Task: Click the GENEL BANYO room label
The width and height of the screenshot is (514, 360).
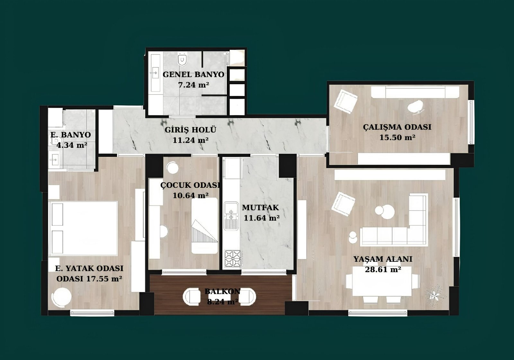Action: point(193,75)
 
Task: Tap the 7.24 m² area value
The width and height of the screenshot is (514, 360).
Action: point(194,85)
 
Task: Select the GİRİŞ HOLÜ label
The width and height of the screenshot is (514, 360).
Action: point(191,130)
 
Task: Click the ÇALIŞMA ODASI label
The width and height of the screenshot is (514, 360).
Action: point(397,127)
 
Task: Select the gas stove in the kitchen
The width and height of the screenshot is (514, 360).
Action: point(233,258)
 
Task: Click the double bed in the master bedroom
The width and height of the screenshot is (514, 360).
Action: point(83,229)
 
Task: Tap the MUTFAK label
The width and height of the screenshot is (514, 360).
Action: point(261,208)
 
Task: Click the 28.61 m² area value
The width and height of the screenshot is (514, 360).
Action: point(383,269)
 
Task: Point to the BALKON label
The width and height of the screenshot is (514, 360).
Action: point(222,291)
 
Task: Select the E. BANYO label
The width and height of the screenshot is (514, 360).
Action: point(71,135)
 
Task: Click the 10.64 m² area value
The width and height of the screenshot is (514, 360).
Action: point(191,195)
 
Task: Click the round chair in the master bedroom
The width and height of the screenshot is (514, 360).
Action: point(61,297)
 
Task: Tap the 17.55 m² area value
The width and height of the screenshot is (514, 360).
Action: point(104,279)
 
